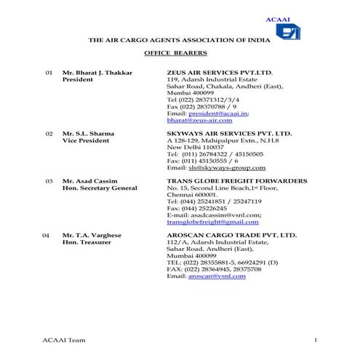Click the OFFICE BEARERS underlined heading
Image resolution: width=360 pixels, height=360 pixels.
[x=176, y=54]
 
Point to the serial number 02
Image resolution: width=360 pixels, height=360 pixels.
[x=49, y=134]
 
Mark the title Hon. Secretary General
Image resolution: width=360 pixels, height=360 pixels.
[x=100, y=188]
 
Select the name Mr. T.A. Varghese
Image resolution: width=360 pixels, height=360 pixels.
[x=92, y=236]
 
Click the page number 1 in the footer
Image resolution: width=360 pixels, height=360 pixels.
[x=316, y=340]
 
